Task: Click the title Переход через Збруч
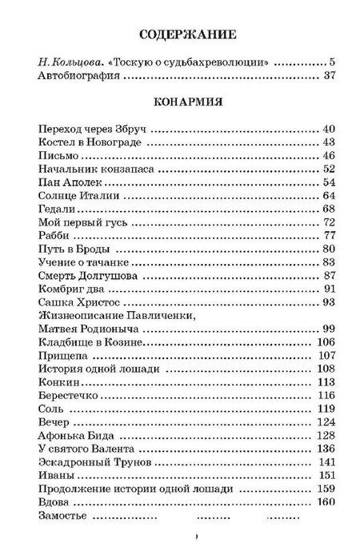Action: [91, 129]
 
